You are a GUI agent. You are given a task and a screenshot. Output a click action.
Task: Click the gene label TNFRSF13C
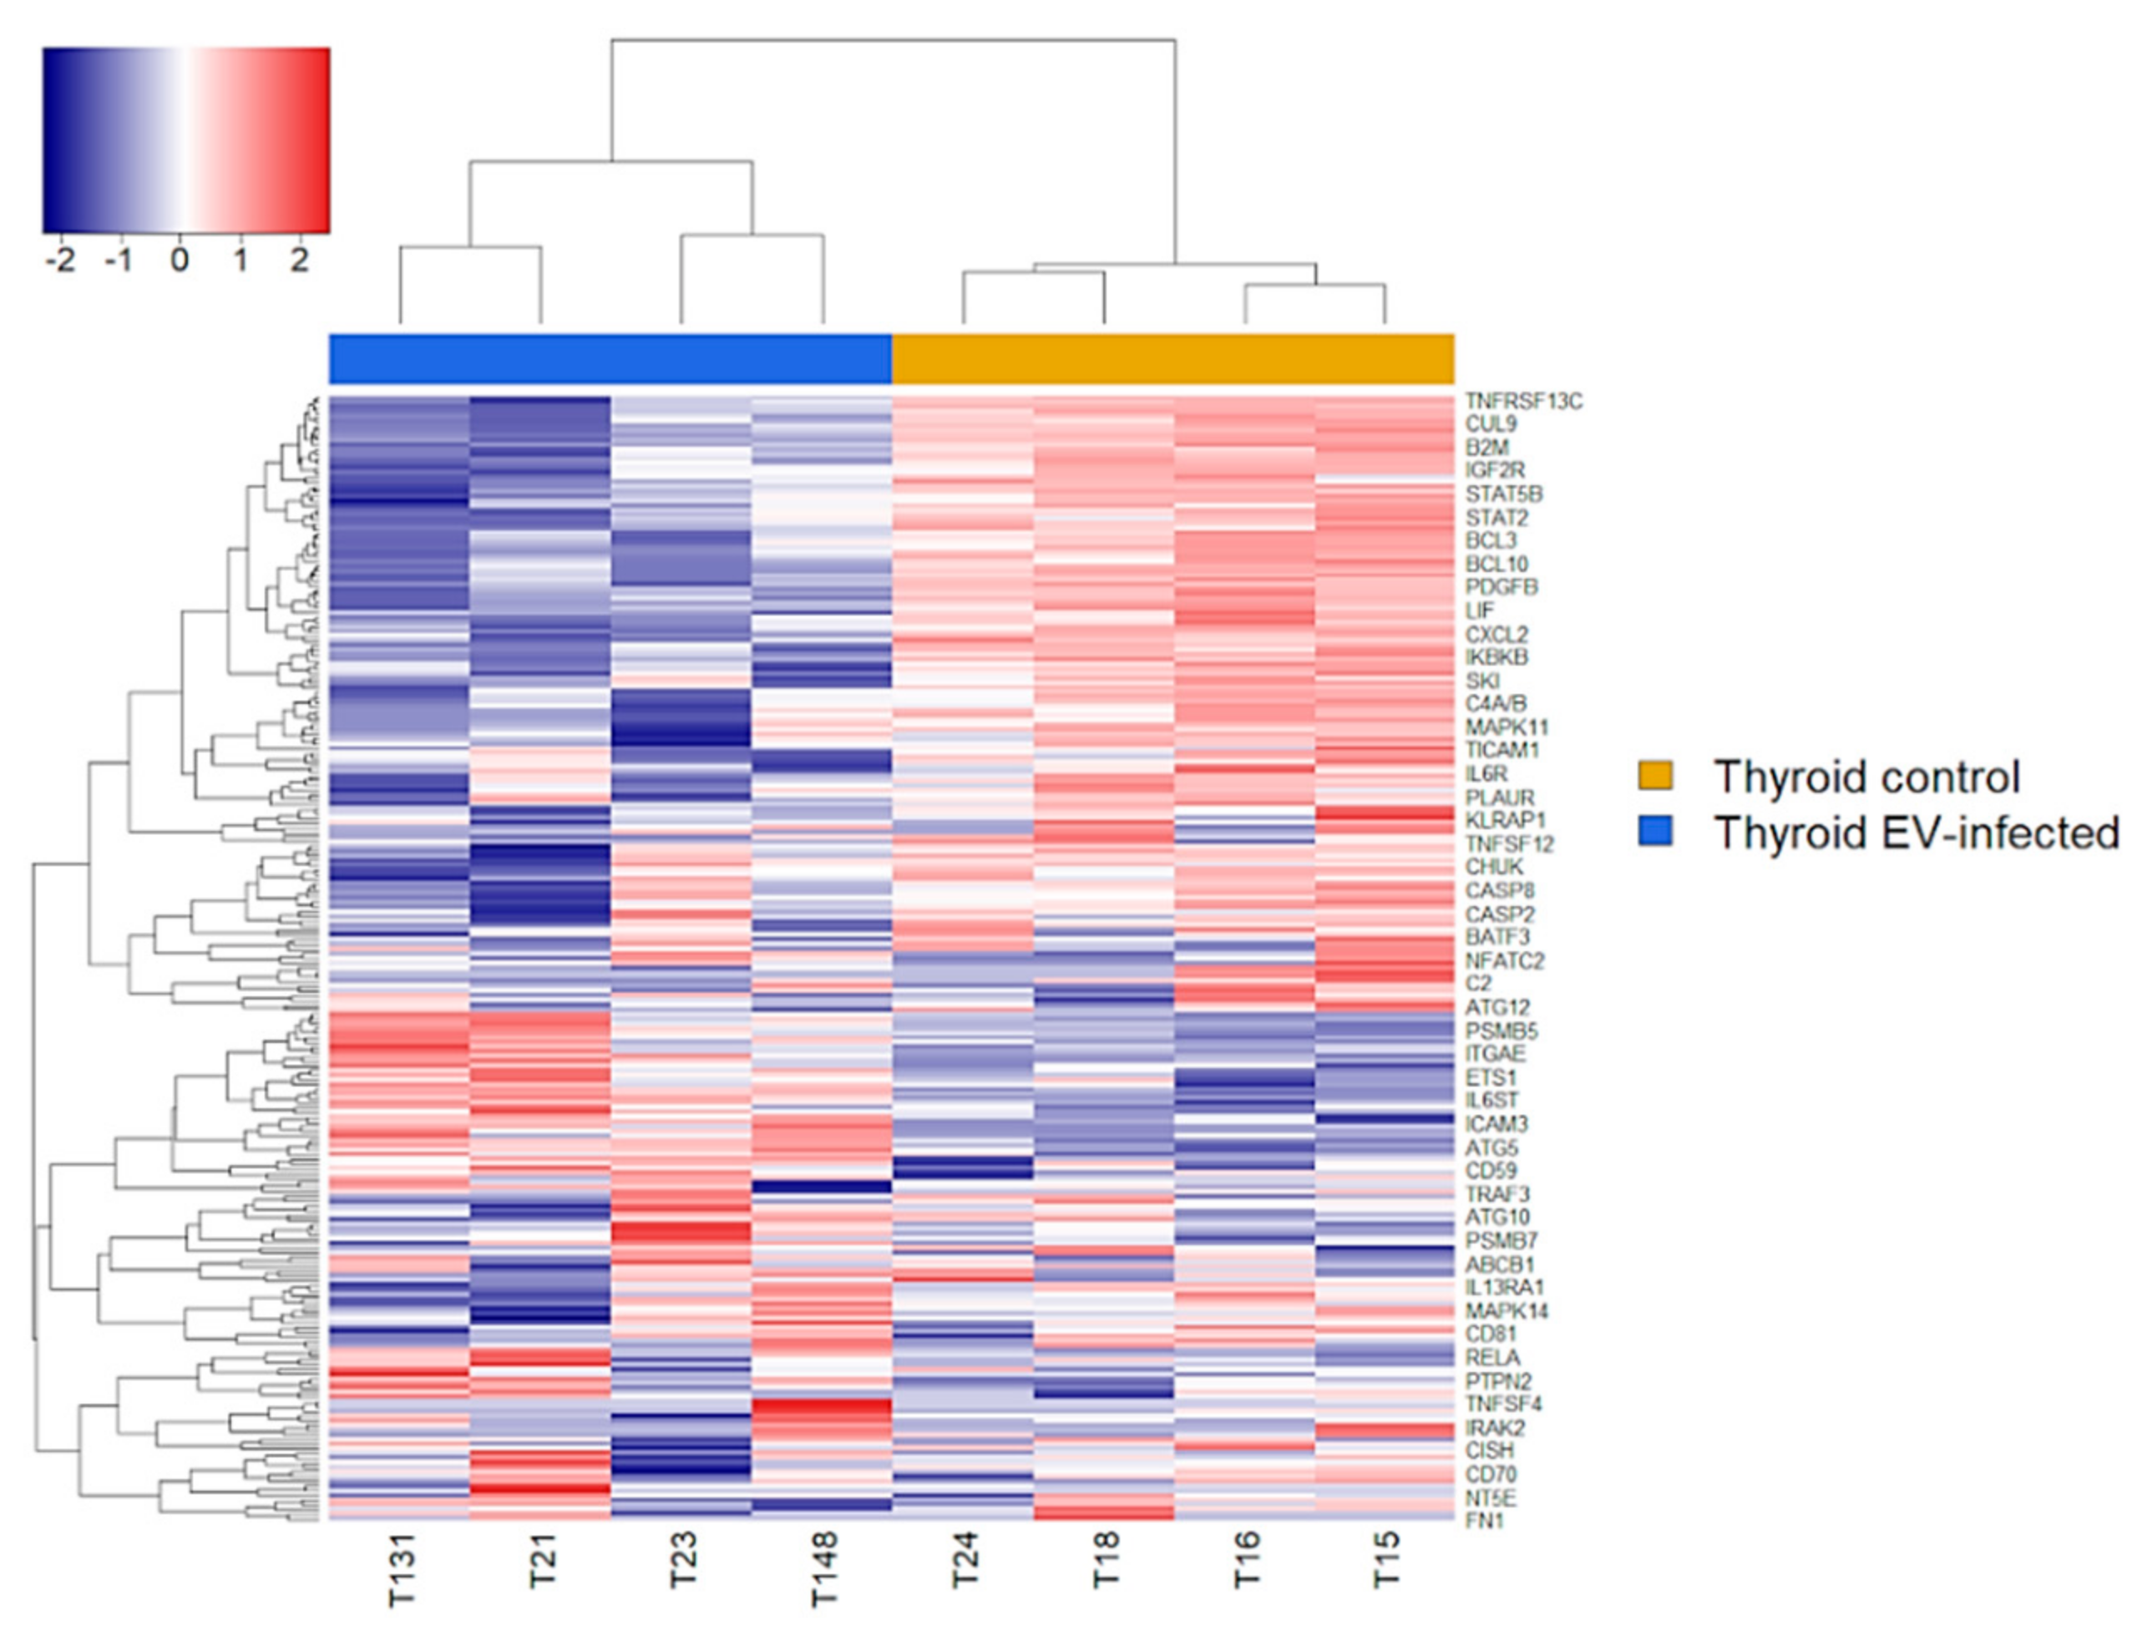1522,401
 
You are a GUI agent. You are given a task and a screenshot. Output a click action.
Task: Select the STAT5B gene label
1504,494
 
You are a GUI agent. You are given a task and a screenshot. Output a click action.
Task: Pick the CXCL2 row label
1496,634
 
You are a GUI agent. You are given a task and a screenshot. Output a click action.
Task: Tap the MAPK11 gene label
1506,727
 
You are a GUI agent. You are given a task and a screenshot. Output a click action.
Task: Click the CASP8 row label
1499,890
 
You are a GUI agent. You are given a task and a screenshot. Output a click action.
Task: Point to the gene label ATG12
1497,1007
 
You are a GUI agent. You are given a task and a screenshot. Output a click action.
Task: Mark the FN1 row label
1484,1521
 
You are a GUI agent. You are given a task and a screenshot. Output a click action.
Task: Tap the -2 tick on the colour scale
61,261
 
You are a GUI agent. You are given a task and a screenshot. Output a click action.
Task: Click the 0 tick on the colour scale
179,261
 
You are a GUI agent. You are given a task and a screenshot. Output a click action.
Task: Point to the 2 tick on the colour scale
300,261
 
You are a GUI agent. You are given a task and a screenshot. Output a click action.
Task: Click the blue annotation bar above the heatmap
610,359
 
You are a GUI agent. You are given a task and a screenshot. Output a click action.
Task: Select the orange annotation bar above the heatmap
1172,359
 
